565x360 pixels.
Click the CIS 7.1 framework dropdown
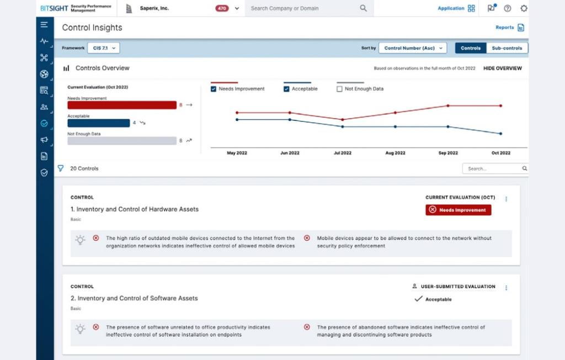pos(103,48)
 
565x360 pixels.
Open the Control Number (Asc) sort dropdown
pos(412,48)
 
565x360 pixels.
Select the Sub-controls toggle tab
pos(507,48)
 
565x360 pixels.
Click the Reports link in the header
pos(509,28)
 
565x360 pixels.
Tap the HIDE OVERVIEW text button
pos(502,68)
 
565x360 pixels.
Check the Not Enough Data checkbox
pos(339,89)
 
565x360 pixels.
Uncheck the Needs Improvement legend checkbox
pos(214,89)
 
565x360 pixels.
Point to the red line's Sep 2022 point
pos(448,105)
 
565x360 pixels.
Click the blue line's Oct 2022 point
pos(500,134)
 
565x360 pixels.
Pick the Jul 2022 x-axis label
pos(342,153)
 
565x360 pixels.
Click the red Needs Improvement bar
pos(121,105)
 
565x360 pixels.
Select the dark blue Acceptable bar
pos(98,123)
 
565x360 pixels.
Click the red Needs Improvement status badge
pos(458,210)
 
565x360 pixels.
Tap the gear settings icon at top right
pos(524,8)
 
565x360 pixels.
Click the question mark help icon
pos(508,8)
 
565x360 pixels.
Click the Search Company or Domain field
pos(303,8)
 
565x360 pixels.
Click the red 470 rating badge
pos(222,8)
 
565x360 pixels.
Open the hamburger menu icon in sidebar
pos(44,25)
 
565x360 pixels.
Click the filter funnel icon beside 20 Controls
pos(61,168)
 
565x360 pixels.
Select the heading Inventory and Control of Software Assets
pos(134,298)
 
